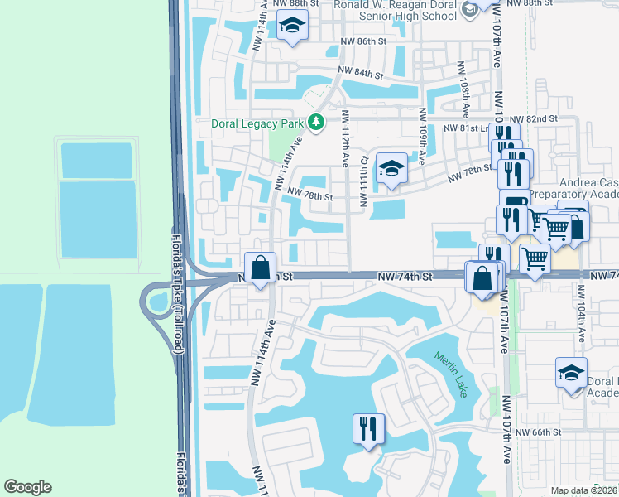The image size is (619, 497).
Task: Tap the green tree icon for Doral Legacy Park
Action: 315,123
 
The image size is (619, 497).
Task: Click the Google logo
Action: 27,487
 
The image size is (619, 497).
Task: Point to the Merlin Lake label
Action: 451,374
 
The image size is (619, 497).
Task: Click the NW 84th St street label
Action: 360,72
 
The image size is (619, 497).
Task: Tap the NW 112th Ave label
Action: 345,133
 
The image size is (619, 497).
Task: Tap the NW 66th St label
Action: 538,432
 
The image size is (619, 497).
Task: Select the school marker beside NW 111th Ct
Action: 391,170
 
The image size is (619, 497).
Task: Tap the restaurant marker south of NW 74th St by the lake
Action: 365,428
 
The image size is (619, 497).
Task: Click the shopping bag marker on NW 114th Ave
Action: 261,268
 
